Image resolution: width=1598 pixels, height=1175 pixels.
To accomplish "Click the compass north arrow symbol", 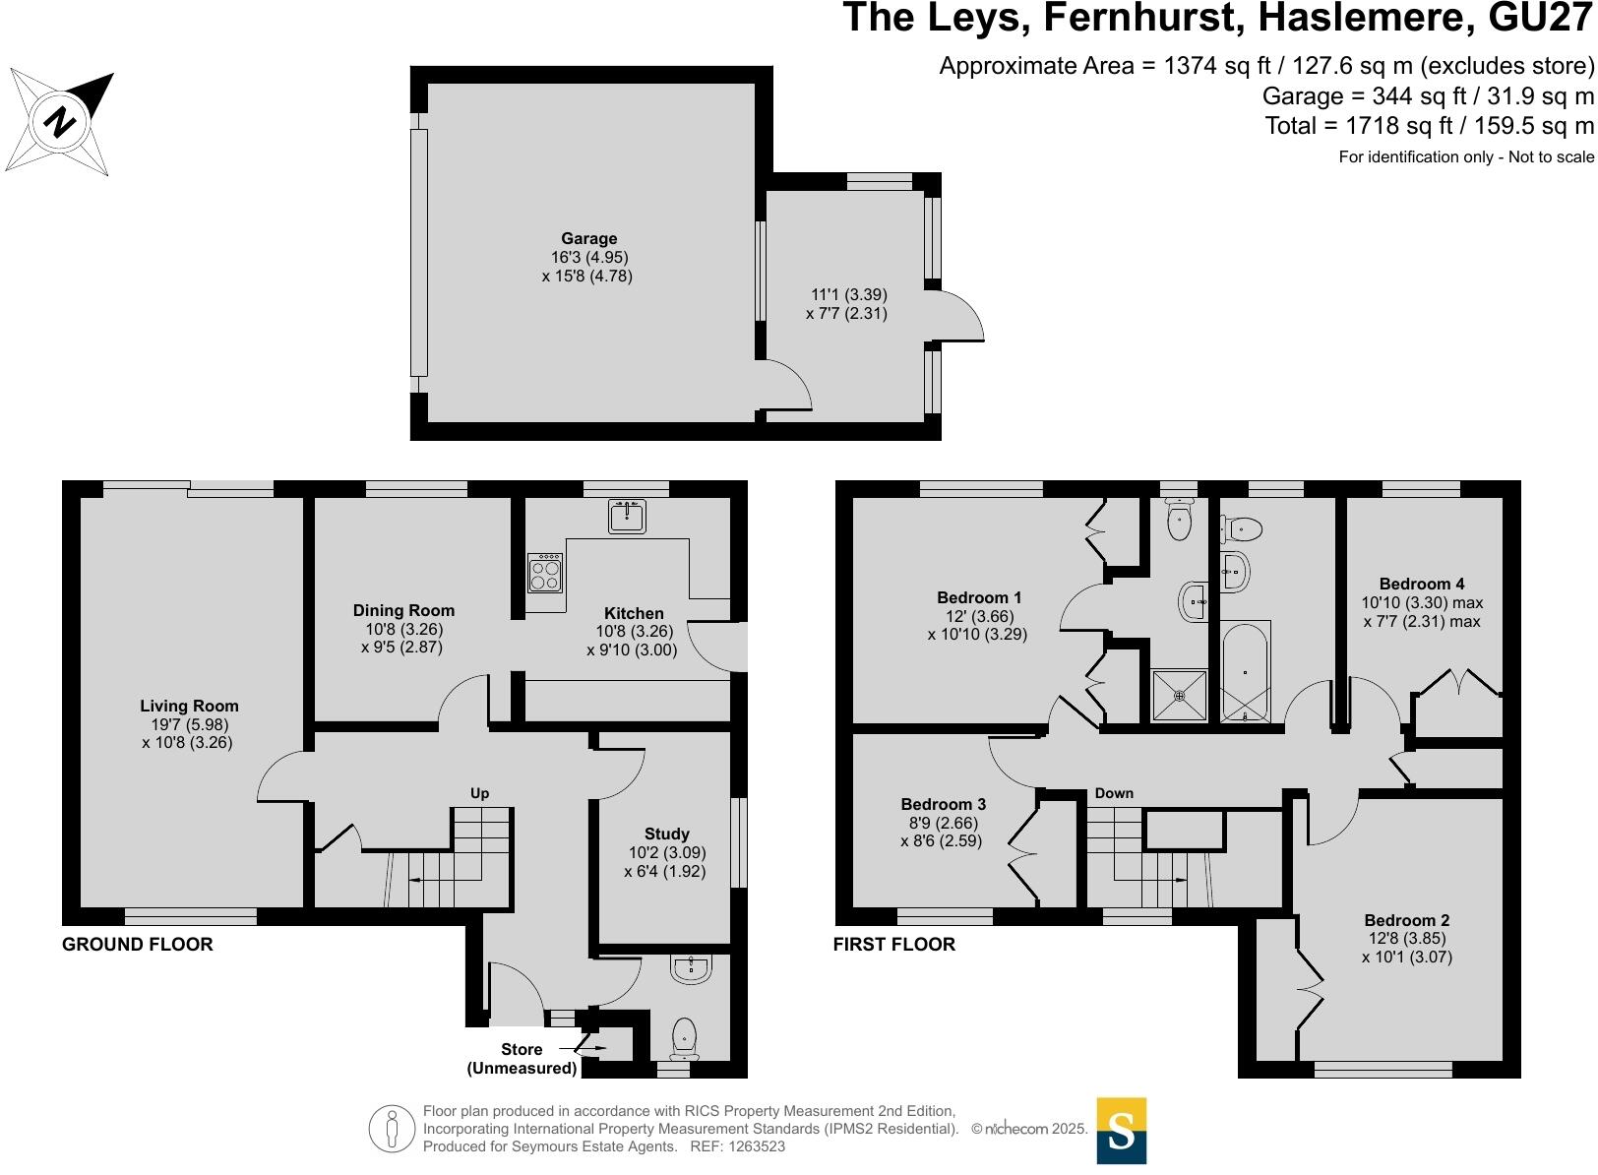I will coord(60,122).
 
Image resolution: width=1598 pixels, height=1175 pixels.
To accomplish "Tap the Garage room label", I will coord(588,238).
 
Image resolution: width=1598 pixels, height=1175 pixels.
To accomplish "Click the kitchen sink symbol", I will coord(627,516).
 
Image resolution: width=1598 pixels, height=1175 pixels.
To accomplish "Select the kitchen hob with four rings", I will coord(545,573).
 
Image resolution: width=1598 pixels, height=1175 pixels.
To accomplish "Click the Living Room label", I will coord(189,706).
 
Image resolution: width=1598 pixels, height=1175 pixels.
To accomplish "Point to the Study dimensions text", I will coord(666,862).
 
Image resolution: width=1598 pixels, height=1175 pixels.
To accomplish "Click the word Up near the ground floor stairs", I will coord(479,793).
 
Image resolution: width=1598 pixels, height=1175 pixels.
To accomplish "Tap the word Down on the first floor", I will coord(1114,793).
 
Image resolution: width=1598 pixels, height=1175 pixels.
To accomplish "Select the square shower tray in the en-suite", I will coord(1179,695).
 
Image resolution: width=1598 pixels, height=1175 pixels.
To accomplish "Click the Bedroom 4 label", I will coord(1421,584).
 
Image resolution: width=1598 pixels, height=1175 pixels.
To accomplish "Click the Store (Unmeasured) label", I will coord(522,1059).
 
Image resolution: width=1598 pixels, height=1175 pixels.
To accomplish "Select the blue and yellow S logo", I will coord(1121,1130).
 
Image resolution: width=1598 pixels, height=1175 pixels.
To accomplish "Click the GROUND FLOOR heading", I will coord(138,945).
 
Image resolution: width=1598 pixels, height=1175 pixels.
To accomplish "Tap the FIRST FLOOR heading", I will coord(893,945).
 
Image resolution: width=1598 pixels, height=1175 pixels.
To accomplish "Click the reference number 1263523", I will coord(753,1146).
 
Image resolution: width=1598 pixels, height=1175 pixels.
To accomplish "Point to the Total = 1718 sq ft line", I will coord(1429,126).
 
